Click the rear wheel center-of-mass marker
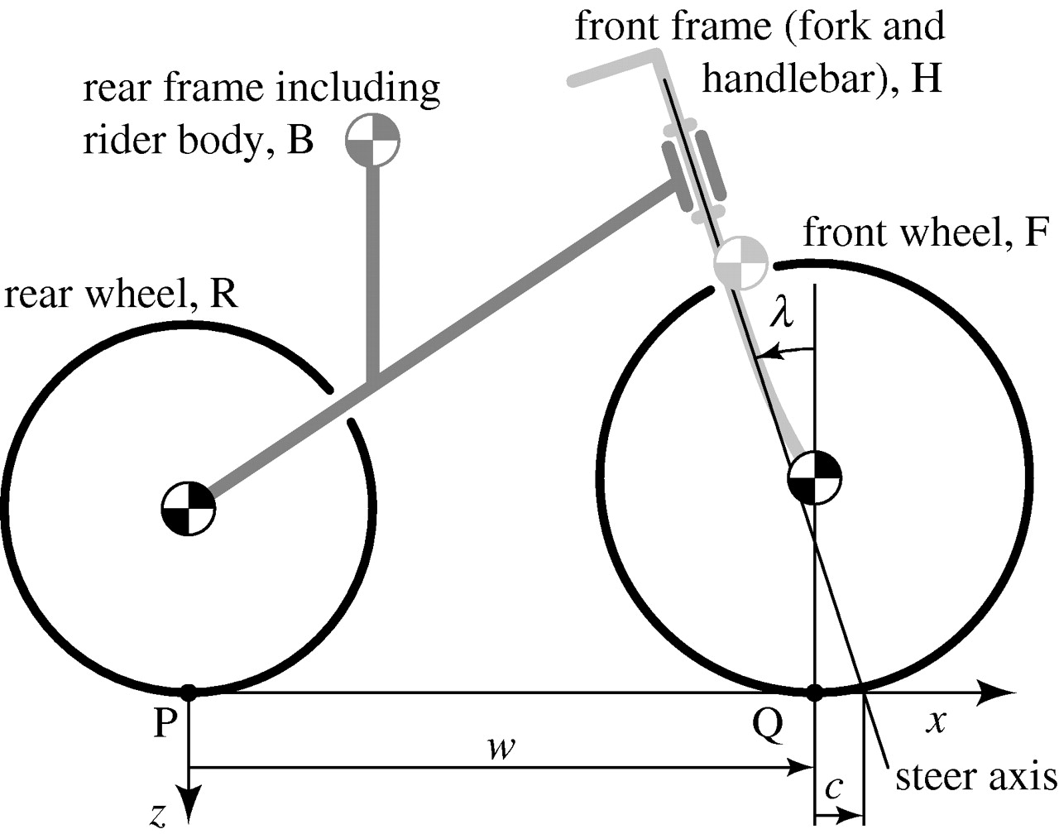[x=189, y=508]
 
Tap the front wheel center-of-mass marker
[x=815, y=477]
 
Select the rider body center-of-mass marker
[x=372, y=141]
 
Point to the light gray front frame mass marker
[x=741, y=262]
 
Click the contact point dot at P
[x=189, y=693]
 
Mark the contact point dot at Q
[x=815, y=693]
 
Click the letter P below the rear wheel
[x=165, y=725]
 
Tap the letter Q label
[x=768, y=726]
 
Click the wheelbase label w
[x=501, y=748]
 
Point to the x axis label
[x=936, y=722]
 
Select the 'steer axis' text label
[x=976, y=777]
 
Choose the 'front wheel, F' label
[x=924, y=233]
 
